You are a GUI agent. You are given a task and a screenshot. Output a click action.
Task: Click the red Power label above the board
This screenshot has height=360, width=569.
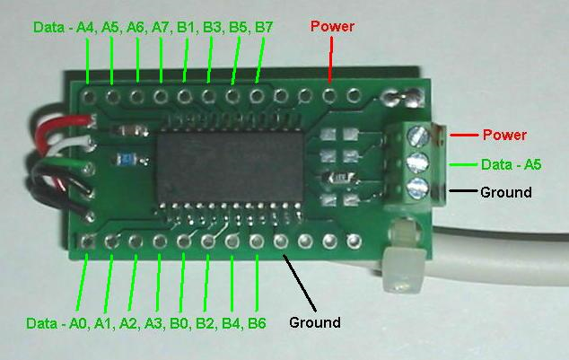coord(332,26)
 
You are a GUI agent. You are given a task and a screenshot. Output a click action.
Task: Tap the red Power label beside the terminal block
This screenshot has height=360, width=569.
coord(504,135)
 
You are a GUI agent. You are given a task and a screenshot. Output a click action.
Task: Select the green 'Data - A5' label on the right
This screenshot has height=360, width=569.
coord(511,165)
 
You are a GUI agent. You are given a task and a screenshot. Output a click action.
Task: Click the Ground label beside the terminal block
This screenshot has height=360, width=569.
coord(506,192)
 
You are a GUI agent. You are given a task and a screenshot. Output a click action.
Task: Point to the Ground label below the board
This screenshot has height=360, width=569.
coord(315,322)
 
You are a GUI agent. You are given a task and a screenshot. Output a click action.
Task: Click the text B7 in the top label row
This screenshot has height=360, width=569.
coord(264,27)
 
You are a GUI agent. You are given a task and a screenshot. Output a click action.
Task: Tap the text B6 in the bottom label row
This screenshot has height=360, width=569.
coord(257,323)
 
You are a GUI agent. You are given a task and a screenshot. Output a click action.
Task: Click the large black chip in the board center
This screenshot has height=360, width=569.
coord(230,167)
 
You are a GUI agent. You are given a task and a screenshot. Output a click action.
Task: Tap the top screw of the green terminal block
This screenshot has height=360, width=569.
coord(418,136)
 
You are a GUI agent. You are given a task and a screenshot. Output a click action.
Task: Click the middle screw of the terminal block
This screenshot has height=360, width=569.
coord(418,162)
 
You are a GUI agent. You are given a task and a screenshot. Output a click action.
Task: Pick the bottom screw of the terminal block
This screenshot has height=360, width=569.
coord(417,188)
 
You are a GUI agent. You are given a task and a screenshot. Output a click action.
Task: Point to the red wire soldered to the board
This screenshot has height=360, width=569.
coord(62,127)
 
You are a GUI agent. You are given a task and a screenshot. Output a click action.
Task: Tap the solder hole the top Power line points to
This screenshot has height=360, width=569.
coord(328,95)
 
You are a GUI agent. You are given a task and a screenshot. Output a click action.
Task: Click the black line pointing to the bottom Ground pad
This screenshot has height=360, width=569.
coord(300,283)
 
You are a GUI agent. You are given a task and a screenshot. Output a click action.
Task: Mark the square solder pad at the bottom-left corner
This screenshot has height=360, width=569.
coord(87,241)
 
